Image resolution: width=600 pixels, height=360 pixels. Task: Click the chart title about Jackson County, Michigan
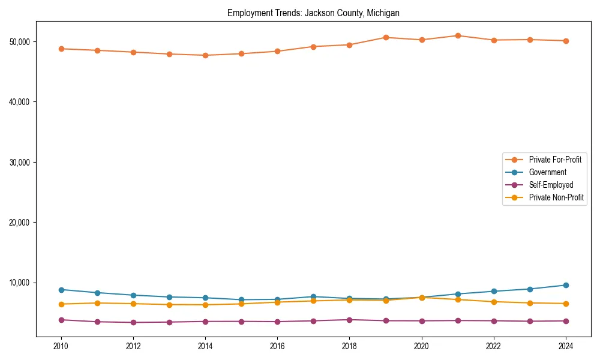(x=313, y=13)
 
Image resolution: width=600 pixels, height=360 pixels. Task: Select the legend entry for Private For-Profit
(x=554, y=160)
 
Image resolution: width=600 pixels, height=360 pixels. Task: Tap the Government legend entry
(x=547, y=172)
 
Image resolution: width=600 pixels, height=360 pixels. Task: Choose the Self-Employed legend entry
(x=551, y=185)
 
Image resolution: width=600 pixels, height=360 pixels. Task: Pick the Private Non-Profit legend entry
(x=556, y=197)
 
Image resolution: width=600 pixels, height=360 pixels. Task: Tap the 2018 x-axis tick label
(x=349, y=346)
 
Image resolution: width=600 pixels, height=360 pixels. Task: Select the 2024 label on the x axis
(x=566, y=346)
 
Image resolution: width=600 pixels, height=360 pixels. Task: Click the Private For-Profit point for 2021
(x=458, y=35)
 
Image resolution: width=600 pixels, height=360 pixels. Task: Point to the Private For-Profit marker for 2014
(x=205, y=55)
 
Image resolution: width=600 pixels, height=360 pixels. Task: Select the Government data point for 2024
(x=566, y=285)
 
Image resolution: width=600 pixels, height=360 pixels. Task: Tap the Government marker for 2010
(x=61, y=290)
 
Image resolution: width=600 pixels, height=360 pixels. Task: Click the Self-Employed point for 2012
(x=133, y=322)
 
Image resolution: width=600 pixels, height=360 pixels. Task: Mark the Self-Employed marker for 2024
(x=566, y=321)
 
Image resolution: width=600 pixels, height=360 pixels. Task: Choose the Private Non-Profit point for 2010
(x=61, y=304)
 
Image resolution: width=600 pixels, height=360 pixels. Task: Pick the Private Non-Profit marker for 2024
(x=566, y=304)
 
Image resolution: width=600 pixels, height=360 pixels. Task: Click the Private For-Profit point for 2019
(x=386, y=37)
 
